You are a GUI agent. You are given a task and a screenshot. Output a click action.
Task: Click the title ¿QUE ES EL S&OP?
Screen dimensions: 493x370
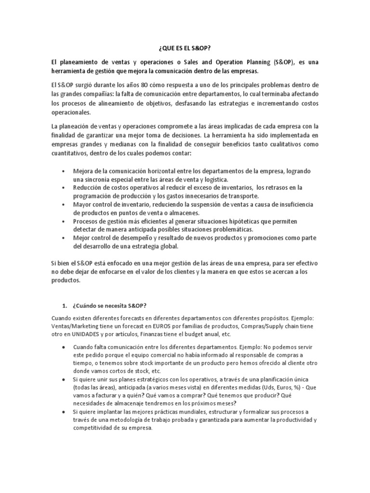(x=185, y=49)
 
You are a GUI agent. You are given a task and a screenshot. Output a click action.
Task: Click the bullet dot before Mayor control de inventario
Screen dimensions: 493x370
(x=65, y=205)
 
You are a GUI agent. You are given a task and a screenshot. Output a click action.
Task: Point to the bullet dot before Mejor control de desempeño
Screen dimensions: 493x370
(x=65, y=238)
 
